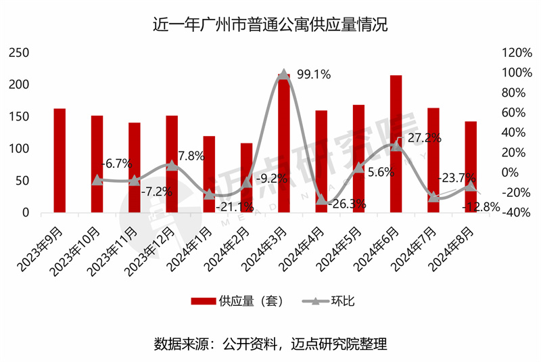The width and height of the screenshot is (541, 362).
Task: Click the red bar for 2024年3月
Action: tap(284, 145)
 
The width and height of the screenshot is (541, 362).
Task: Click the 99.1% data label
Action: tap(313, 75)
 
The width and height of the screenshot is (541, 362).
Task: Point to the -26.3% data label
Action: tap(348, 203)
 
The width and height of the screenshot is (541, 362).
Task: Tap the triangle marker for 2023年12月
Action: tap(172, 165)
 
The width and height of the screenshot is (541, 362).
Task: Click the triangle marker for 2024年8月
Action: tap(471, 186)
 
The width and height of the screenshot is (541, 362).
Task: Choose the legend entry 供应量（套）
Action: tap(236, 301)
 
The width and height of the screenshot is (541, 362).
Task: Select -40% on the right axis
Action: tap(515, 212)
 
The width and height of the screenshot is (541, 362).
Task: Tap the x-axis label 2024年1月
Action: tap(193, 246)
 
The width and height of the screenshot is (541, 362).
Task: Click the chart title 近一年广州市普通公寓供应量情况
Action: tap(270, 26)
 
